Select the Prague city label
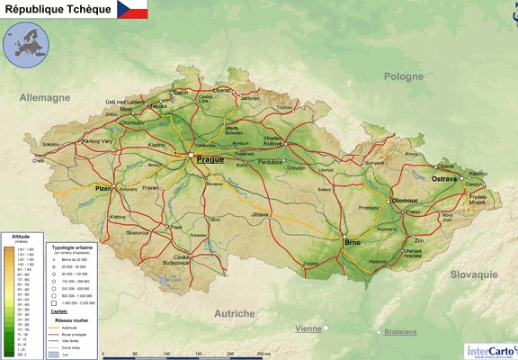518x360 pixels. [x=210, y=159]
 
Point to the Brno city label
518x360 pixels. [x=353, y=243]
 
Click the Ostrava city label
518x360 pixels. [x=444, y=180]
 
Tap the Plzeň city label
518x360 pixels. [x=103, y=188]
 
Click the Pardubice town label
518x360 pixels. [x=271, y=163]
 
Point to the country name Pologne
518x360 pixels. [x=403, y=76]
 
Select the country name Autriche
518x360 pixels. [x=234, y=313]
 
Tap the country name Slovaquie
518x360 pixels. [x=454, y=273]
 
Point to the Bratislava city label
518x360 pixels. [x=400, y=332]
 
